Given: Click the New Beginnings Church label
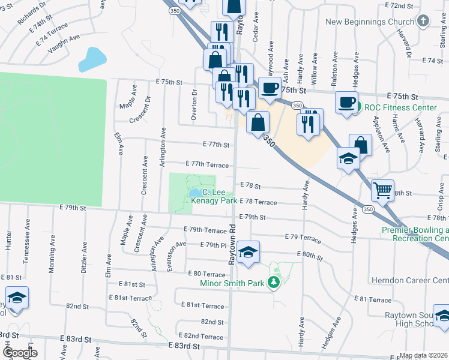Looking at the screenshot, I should tap(369, 22).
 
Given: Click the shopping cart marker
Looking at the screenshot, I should tap(382, 191).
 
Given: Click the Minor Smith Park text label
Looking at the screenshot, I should tap(237, 283).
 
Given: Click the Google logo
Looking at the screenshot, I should tap(20, 353).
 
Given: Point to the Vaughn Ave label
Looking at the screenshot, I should tap(64, 45).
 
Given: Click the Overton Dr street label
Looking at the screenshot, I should tap(194, 106).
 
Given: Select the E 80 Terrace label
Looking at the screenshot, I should tap(207, 274).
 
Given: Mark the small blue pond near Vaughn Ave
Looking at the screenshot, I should tap(91, 59).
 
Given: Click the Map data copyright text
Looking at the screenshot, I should tap(423, 355).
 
